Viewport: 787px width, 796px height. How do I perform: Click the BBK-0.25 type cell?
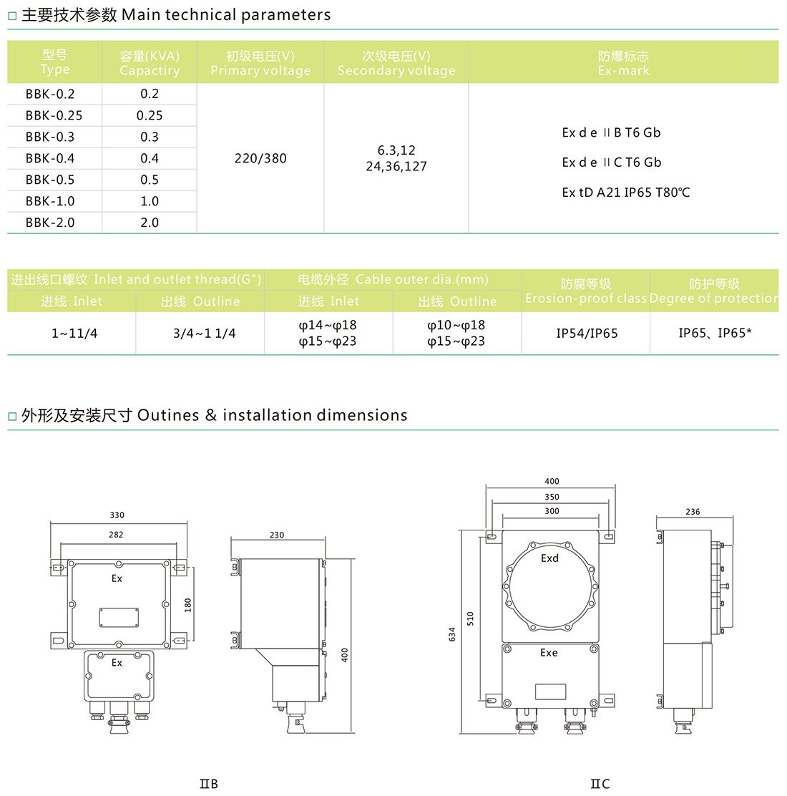[54, 116]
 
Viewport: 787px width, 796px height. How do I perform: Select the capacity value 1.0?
[150, 202]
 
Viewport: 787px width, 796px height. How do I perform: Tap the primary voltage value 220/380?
[260, 158]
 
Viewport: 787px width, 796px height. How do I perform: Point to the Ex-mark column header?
[623, 63]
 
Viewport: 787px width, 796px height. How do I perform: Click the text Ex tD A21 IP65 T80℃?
[625, 193]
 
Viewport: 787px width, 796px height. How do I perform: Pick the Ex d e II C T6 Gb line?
[612, 162]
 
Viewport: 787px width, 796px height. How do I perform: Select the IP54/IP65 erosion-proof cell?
[587, 334]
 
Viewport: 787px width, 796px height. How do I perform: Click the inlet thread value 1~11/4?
[74, 334]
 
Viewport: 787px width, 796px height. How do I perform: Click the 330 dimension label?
[117, 515]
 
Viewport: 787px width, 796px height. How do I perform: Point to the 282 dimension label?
[116, 535]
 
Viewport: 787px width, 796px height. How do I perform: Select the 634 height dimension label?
[452, 634]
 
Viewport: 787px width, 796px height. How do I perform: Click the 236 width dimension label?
[693, 512]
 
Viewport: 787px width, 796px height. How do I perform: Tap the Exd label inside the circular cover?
[549, 558]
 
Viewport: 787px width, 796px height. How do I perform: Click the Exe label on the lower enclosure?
[549, 653]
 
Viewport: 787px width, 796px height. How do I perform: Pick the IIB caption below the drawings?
[208, 784]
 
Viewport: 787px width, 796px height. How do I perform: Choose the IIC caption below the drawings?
[600, 784]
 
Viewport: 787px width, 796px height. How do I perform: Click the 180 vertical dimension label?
[187, 605]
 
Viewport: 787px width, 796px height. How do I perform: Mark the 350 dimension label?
[552, 497]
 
